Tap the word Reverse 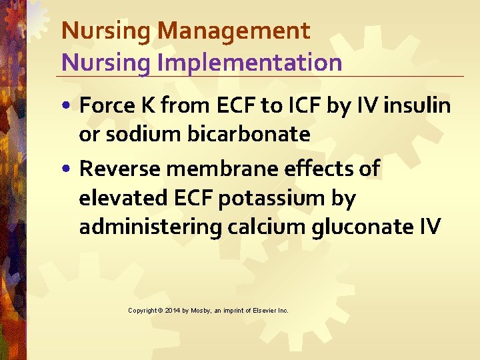pyautogui.click(x=120, y=169)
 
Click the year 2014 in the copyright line pyautogui.click(x=173, y=311)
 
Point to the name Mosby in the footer pyautogui.click(x=201, y=311)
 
